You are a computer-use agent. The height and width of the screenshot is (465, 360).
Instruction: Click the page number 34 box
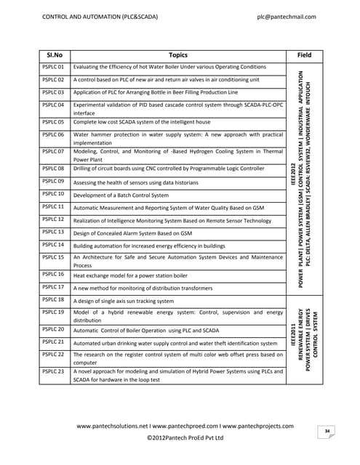tap(328, 432)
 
